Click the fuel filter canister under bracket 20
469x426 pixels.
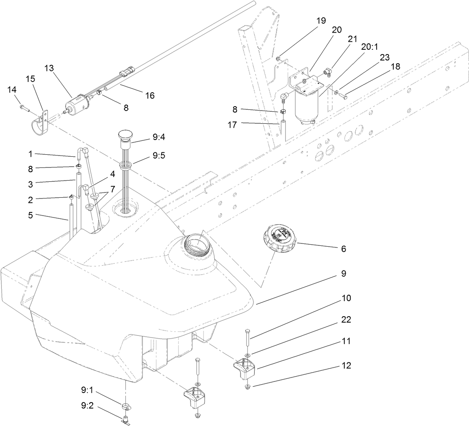coord(305,106)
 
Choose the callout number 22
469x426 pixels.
coord(345,319)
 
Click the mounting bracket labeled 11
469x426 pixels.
coord(244,366)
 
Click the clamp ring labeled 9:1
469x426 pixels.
coord(126,406)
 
